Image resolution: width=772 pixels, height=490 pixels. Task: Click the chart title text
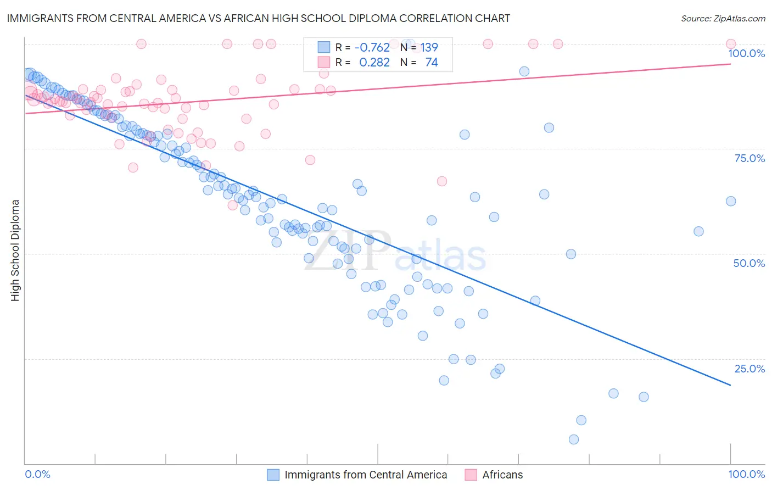point(258,18)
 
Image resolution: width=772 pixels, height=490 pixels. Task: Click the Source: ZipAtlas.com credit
point(723,18)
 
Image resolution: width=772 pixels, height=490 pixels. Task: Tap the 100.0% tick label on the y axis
point(746,53)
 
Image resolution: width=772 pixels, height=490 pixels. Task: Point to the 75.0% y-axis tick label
point(749,158)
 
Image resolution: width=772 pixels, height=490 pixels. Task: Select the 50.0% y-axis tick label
point(749,263)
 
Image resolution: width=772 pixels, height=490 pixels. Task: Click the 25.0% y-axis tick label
point(749,369)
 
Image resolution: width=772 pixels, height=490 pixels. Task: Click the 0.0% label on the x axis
point(38,474)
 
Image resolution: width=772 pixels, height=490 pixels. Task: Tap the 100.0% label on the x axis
point(746,474)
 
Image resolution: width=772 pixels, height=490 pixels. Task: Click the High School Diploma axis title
point(15,250)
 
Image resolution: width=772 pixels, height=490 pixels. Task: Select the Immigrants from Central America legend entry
point(366,475)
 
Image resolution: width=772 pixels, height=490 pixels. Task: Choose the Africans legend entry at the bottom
point(502,475)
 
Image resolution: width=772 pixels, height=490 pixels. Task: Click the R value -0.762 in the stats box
point(372,48)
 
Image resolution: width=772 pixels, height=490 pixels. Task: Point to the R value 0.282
point(374,63)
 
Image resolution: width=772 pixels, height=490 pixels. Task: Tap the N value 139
point(429,48)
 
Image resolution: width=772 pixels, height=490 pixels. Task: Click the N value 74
point(432,63)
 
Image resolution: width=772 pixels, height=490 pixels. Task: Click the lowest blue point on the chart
point(574,439)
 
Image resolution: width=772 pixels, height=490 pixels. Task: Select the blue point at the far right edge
point(731,201)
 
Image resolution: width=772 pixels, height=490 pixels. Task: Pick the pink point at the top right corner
point(731,44)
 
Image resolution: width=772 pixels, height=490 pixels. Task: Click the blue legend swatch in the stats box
point(324,48)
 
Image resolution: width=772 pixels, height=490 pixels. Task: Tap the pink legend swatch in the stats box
point(324,63)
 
